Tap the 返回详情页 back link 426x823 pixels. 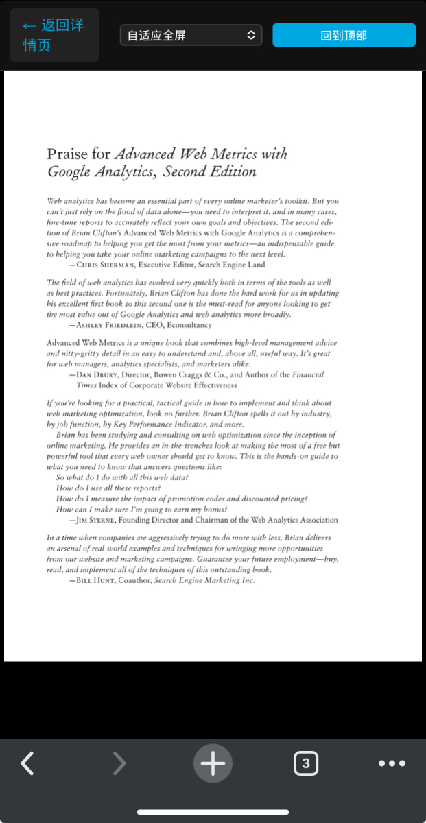54,35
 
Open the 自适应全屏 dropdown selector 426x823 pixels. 191,35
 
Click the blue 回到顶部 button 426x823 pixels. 344,35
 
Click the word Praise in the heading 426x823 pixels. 68,154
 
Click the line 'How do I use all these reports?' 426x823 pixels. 108,488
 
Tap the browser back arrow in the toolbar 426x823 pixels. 27,763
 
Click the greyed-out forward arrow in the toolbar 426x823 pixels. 119,763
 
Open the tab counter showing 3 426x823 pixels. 305,763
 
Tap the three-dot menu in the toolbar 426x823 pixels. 392,763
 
